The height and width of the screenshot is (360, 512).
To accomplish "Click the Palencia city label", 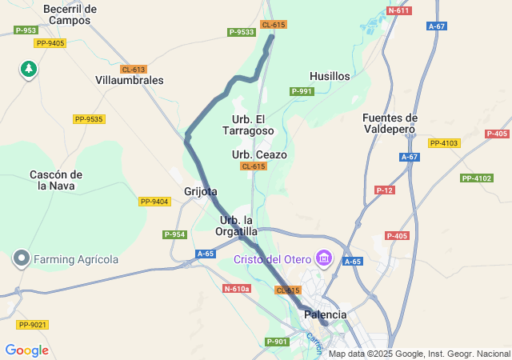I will [x=326, y=314].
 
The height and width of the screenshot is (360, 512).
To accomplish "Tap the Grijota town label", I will [x=200, y=191].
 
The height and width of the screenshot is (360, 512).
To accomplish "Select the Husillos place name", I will [x=330, y=76].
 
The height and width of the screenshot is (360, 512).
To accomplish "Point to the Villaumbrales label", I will [x=129, y=80].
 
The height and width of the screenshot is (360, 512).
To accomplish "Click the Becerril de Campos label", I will [x=70, y=14].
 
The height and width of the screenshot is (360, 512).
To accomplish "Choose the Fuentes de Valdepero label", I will [x=390, y=122].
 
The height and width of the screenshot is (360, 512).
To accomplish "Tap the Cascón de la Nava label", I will [x=55, y=180].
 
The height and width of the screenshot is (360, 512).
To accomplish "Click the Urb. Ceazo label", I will [x=259, y=154].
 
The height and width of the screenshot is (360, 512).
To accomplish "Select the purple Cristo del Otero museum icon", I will [x=324, y=258].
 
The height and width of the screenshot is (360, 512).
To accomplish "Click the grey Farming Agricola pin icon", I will [x=21, y=259].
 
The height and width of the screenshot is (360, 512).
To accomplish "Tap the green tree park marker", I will [x=29, y=70].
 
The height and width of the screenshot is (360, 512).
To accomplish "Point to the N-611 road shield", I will [x=398, y=10].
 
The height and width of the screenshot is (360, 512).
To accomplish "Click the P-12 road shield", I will [x=385, y=190].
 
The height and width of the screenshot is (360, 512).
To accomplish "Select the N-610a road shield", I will [x=238, y=288].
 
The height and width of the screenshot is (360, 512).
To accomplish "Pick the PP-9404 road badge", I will [x=154, y=202].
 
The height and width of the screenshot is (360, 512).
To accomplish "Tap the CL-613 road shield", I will [x=134, y=70].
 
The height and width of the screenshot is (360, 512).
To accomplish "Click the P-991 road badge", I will [x=302, y=91].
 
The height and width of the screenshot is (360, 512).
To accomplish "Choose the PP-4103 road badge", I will [x=444, y=143].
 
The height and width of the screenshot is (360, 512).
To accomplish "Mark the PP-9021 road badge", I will [x=33, y=324].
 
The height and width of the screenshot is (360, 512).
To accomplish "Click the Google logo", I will [x=26, y=350].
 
